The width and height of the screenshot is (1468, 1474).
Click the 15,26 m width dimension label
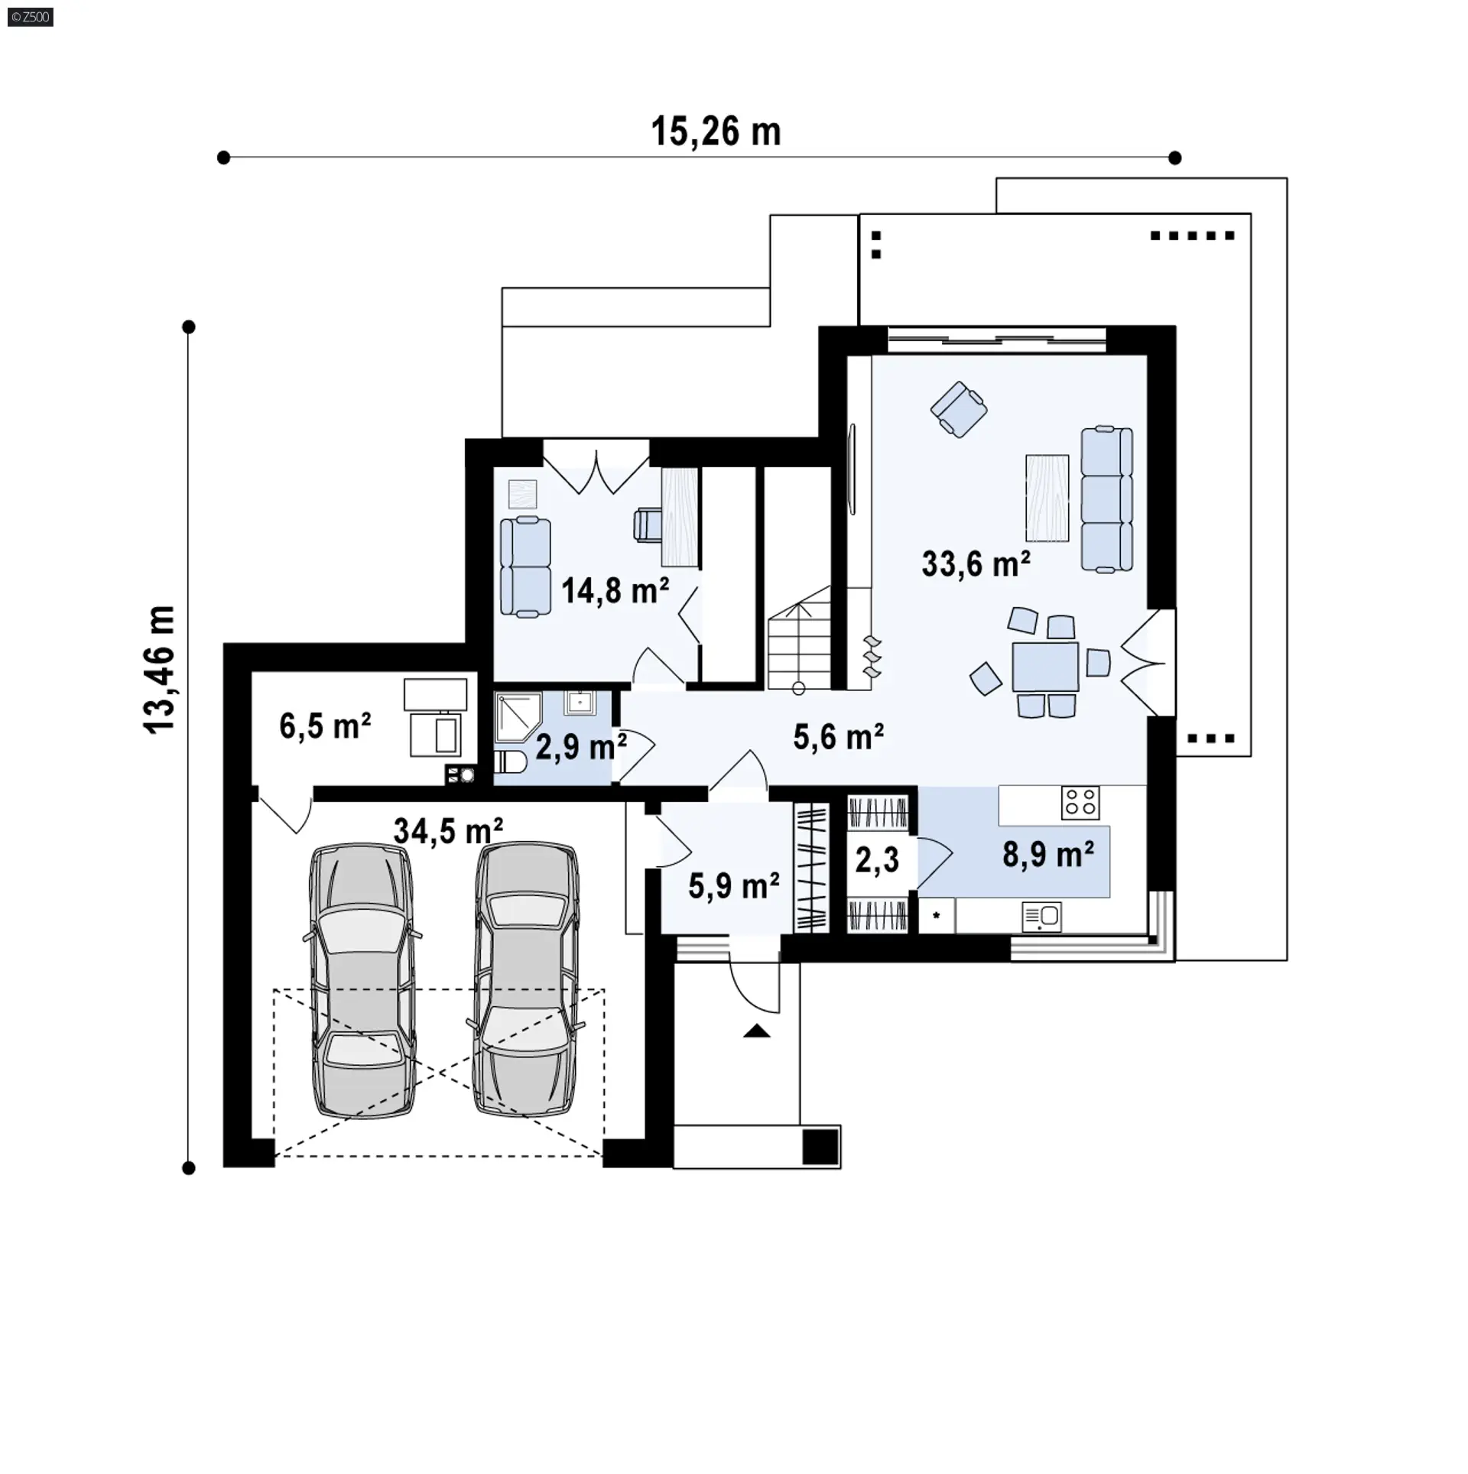(x=716, y=131)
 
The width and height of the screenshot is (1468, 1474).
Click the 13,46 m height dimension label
(x=160, y=670)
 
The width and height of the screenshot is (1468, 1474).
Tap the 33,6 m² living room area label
(x=976, y=563)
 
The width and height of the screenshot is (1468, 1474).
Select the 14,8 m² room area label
(x=615, y=590)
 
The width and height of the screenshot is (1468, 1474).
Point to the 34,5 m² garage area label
(x=448, y=830)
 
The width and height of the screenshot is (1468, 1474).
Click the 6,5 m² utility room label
(x=325, y=726)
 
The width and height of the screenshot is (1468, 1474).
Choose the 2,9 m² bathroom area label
(x=581, y=747)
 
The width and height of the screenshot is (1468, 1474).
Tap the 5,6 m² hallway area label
(x=839, y=737)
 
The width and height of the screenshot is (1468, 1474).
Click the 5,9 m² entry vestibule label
(x=734, y=885)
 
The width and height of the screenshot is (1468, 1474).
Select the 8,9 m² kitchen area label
(x=1048, y=854)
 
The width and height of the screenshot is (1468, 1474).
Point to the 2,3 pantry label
(x=877, y=860)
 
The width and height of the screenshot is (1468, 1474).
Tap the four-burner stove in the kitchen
(x=1081, y=803)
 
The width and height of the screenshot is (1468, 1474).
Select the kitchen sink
(x=1041, y=916)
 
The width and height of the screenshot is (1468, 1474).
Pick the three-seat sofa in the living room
(x=1106, y=500)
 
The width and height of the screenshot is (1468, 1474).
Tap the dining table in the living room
(x=1045, y=667)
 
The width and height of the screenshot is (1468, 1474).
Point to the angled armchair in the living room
(x=959, y=409)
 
